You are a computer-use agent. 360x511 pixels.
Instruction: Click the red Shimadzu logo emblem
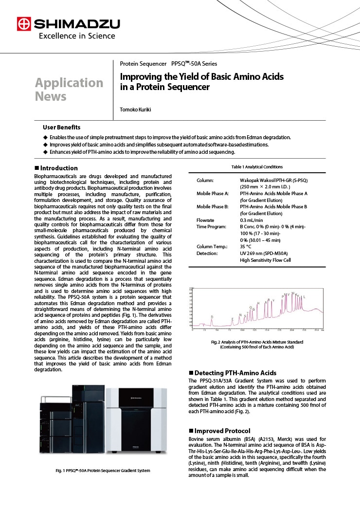[x=23, y=24]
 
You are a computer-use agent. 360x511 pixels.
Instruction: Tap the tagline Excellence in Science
[x=77, y=36]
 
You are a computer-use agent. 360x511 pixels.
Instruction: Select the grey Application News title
[x=69, y=89]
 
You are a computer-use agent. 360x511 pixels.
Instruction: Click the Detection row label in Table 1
[x=207, y=254]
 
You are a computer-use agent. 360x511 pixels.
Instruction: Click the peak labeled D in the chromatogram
[x=212, y=317]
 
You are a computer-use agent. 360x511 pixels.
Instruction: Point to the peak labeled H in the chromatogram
[x=258, y=303]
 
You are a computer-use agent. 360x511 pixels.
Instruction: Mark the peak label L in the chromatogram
[x=305, y=296]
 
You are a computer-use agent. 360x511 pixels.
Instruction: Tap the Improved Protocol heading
[x=219, y=431]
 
